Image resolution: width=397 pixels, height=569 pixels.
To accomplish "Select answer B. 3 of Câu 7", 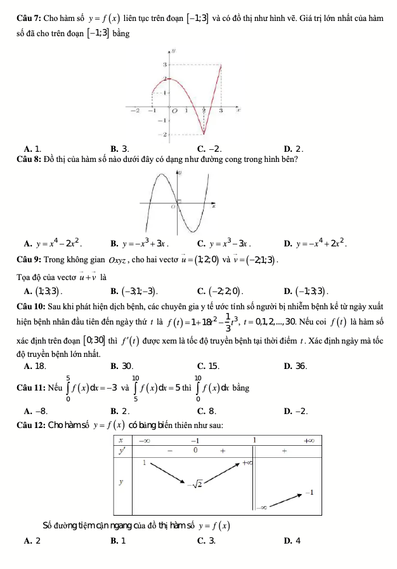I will tap(120, 149).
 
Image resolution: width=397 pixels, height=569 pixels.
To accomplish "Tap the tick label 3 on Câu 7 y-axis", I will tap(164, 65).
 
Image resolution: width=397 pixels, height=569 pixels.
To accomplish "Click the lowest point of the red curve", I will tap(204, 133).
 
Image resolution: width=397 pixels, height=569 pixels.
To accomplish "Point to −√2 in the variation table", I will tap(198, 485).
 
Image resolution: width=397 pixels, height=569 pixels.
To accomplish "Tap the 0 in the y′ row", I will tap(196, 451).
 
